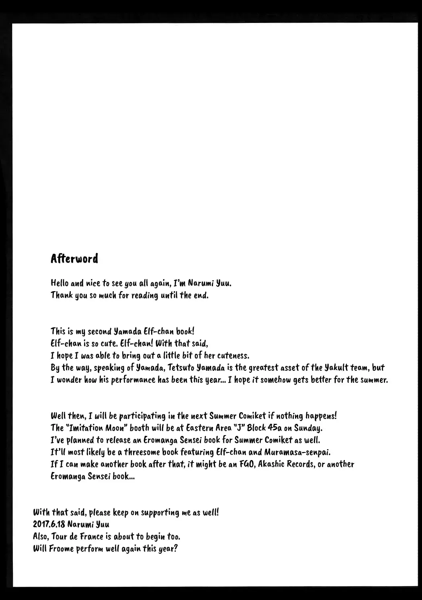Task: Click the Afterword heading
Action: (x=74, y=259)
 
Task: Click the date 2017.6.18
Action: (x=48, y=524)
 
